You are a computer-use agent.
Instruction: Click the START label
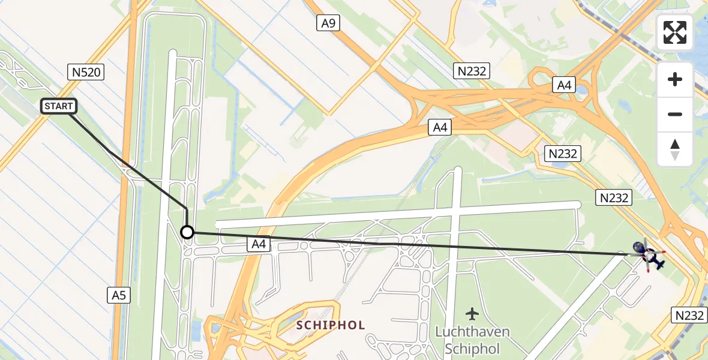58,107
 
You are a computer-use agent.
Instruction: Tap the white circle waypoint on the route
187,232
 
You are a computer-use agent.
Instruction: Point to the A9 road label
328,23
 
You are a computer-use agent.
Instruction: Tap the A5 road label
119,295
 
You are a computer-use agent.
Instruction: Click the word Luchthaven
472,332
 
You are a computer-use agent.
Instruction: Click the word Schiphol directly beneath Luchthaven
472,348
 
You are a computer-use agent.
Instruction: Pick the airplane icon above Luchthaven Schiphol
472,313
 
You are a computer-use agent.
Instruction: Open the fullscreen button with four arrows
675,33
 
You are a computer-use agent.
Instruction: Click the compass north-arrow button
675,149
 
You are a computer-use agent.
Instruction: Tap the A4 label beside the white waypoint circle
259,244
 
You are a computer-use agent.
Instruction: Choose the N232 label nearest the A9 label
473,71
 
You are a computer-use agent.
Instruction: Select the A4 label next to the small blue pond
564,85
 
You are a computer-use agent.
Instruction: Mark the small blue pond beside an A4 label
581,89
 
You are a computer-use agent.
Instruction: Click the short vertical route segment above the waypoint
187,216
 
